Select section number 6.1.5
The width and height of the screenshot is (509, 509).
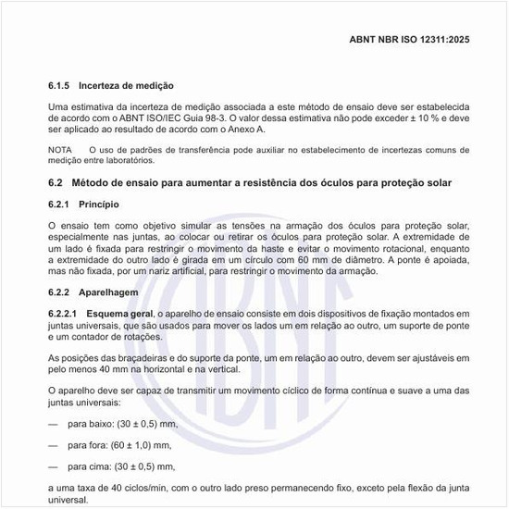click(x=61, y=85)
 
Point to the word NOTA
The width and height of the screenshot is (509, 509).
click(x=59, y=149)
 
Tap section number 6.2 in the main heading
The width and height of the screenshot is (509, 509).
click(x=55, y=182)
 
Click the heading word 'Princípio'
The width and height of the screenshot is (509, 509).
click(x=99, y=204)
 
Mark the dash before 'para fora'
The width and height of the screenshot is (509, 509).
click(x=53, y=445)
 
